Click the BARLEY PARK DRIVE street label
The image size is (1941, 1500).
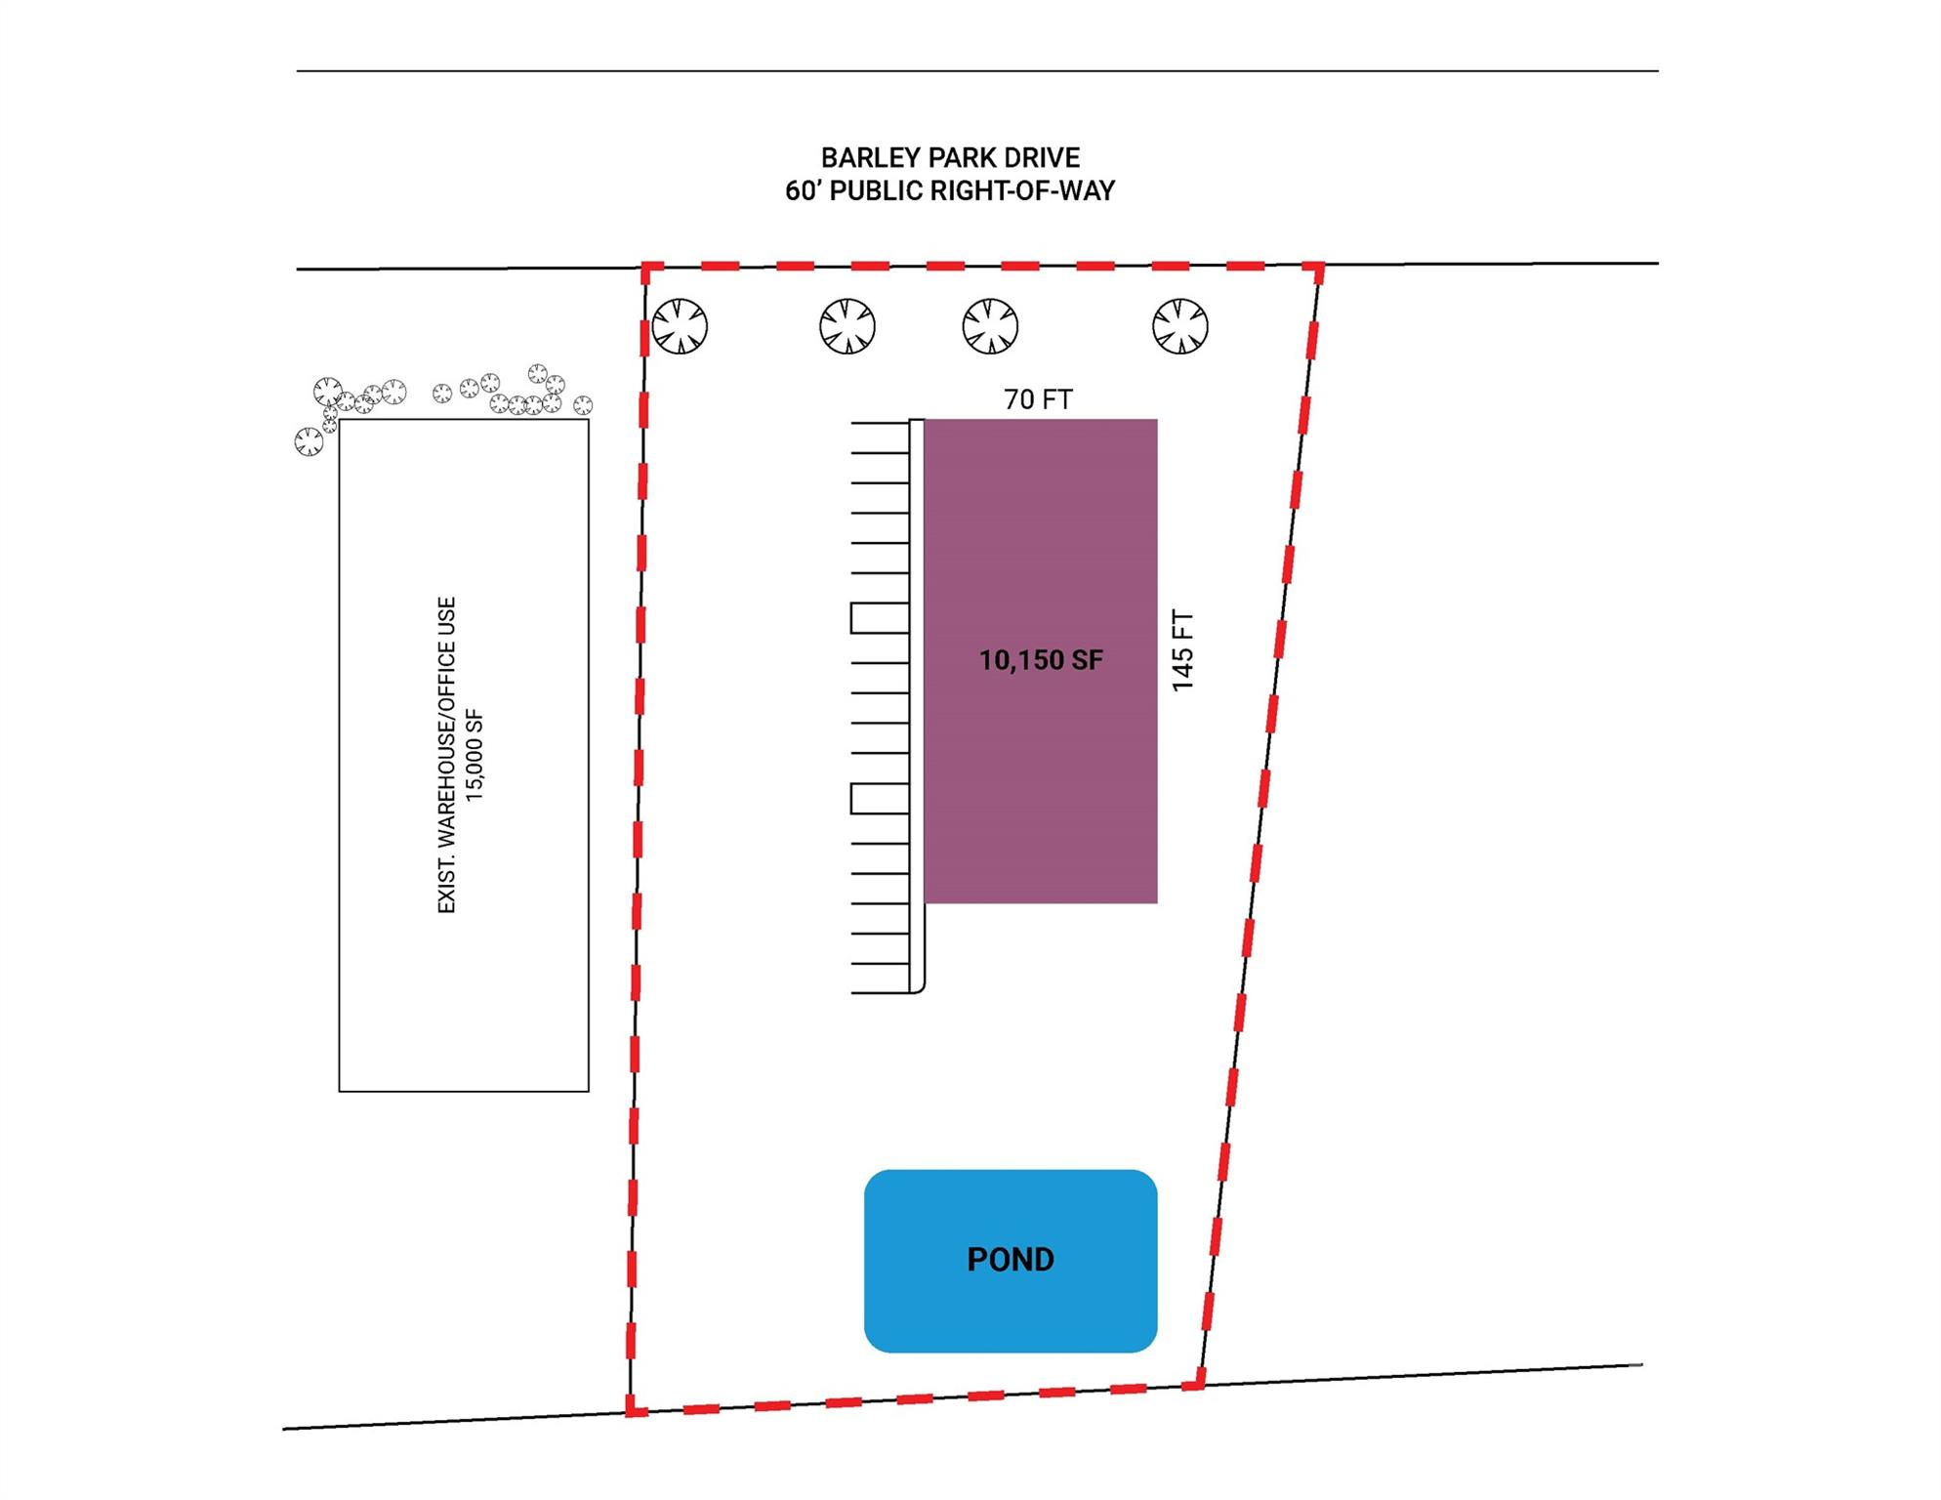[x=950, y=157]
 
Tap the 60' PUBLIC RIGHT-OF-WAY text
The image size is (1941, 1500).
[x=950, y=190]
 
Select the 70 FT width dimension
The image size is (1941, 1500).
[x=1038, y=399]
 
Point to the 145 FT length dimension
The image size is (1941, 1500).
[x=1182, y=651]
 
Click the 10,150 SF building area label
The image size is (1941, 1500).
[x=1041, y=660]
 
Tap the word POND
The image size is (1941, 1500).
[x=1011, y=1260]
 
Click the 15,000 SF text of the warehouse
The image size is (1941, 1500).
[x=475, y=757]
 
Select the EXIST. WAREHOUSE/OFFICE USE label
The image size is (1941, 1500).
[x=446, y=755]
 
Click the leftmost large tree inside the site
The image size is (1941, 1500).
[x=680, y=326]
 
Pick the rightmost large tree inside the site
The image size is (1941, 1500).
[x=1180, y=326]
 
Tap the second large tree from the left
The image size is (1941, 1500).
[x=847, y=326]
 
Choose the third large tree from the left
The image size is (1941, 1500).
[x=990, y=326]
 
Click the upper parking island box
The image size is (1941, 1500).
[x=880, y=618]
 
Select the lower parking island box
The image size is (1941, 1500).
[x=880, y=799]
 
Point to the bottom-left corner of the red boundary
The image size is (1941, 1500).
[x=632, y=1410]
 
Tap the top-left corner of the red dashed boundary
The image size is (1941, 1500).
[x=645, y=267]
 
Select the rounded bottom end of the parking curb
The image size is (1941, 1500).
[x=918, y=988]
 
